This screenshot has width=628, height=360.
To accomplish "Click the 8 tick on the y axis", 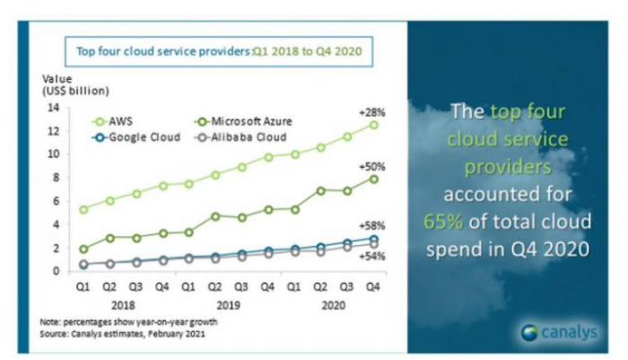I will (x=56, y=178).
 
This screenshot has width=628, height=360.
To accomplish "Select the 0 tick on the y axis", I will (x=56, y=271).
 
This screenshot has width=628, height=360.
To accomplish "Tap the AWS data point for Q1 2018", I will (x=83, y=209).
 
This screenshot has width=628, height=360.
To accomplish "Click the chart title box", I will (x=216, y=52).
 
